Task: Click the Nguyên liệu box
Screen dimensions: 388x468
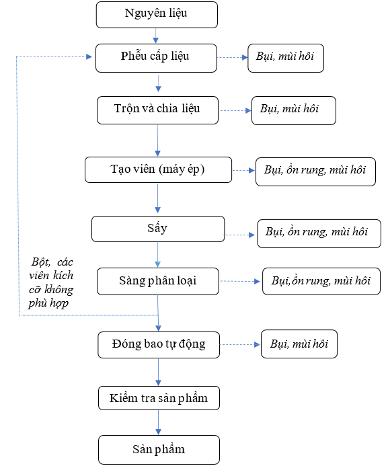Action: click(x=157, y=15)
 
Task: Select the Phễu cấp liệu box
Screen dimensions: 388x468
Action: click(x=156, y=58)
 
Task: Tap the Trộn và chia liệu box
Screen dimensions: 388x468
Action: click(x=157, y=110)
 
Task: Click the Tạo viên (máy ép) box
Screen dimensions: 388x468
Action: click(x=158, y=169)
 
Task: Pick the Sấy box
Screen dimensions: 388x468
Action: click(x=158, y=229)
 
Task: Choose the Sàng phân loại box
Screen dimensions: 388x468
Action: click(x=158, y=281)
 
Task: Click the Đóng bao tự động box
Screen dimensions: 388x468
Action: click(x=159, y=345)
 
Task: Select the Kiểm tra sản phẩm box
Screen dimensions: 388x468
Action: click(x=159, y=398)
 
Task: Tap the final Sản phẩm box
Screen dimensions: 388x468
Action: click(x=159, y=449)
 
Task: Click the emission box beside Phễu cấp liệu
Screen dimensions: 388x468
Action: click(x=286, y=58)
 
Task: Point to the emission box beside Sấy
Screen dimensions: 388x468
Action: click(x=319, y=233)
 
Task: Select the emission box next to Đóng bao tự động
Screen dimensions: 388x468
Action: click(x=299, y=344)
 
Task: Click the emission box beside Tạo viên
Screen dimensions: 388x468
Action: click(x=315, y=171)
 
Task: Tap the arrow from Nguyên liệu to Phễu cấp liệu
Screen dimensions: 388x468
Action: click(x=155, y=36)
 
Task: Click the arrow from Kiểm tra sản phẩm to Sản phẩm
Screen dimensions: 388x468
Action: click(x=159, y=422)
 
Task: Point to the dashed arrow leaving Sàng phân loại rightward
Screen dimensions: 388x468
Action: click(x=240, y=281)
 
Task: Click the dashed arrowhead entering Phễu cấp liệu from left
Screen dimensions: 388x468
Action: click(x=89, y=56)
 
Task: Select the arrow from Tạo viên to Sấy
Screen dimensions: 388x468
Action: click(x=157, y=198)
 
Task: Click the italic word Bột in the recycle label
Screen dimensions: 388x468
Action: click(x=40, y=262)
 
